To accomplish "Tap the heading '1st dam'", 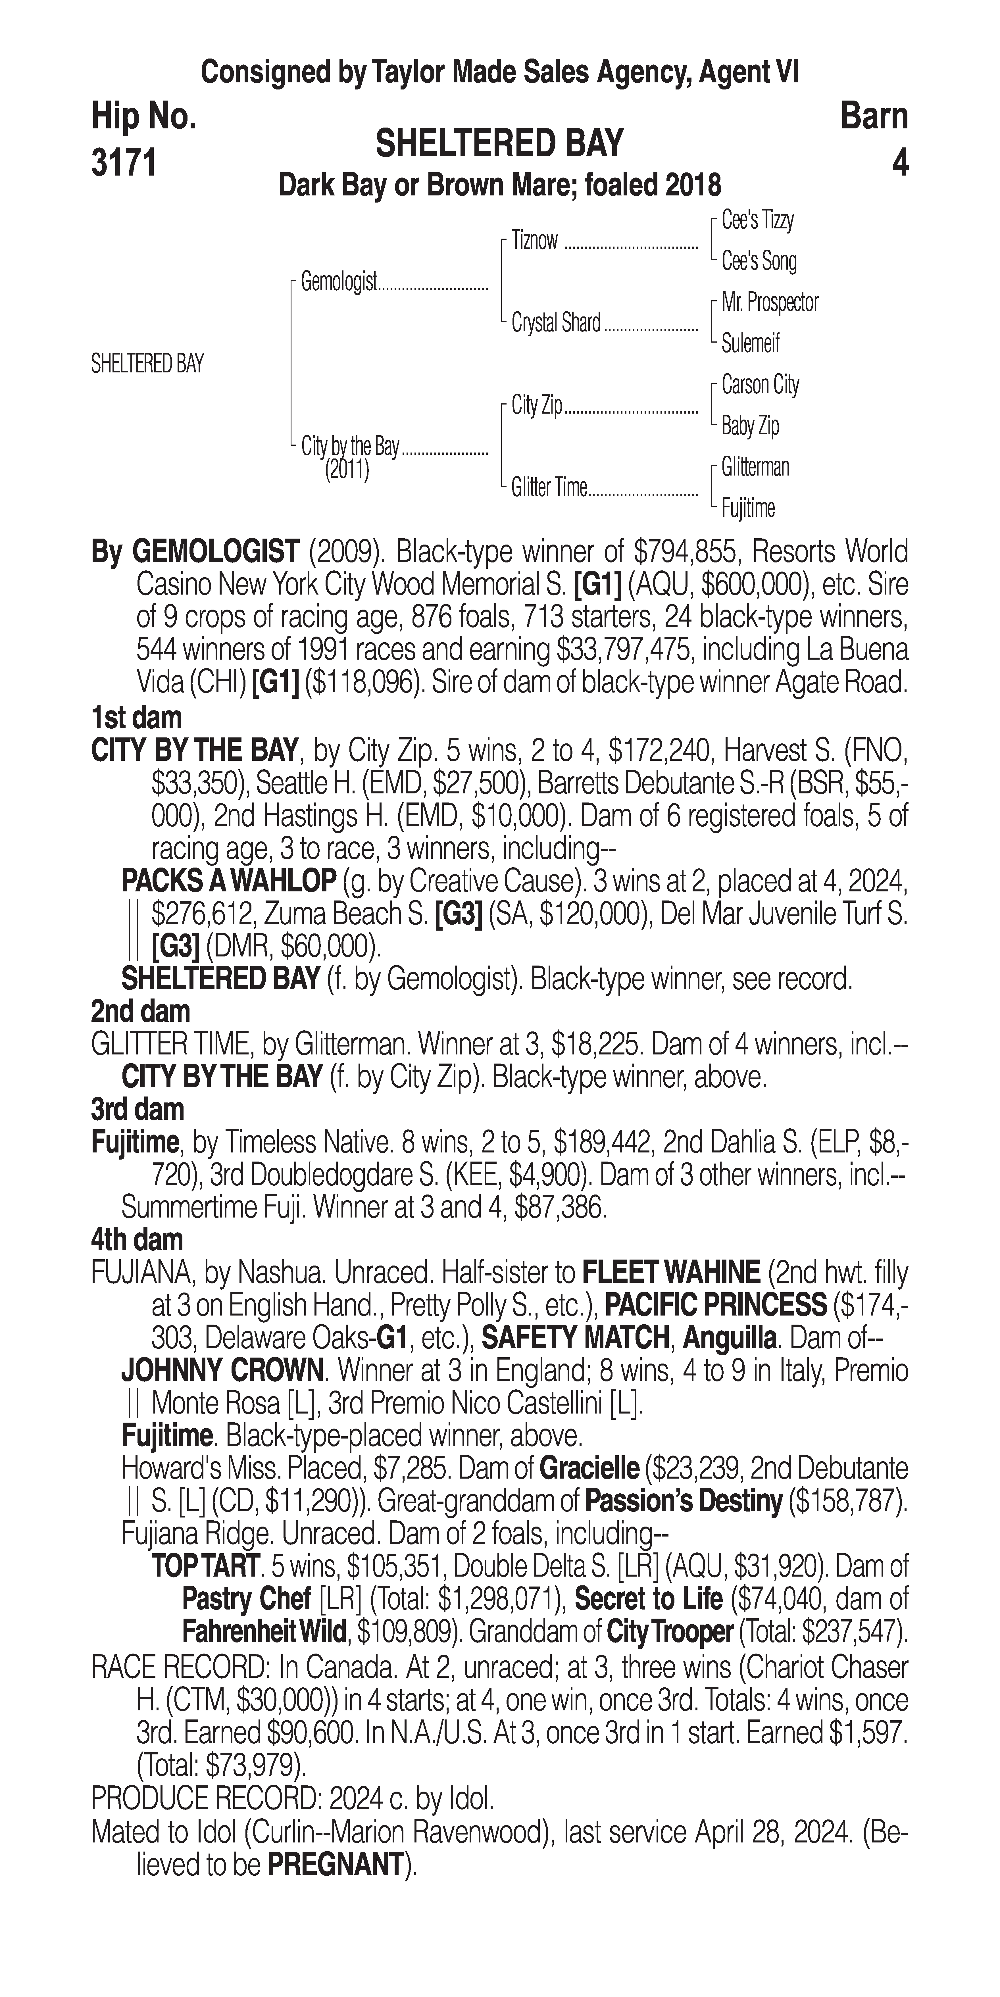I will tap(136, 718).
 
